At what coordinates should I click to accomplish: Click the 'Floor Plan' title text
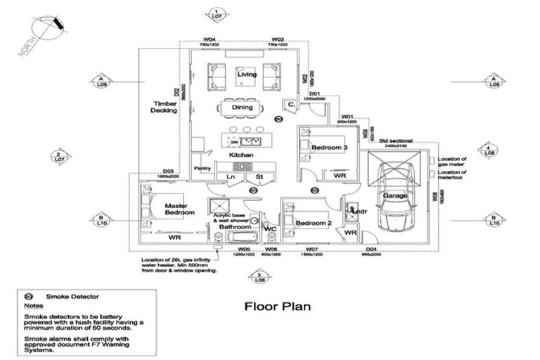click(277, 307)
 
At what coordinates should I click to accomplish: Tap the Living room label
click(246, 75)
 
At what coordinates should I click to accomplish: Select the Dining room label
click(242, 108)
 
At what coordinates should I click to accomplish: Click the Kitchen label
click(240, 155)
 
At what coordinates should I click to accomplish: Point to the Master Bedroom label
click(180, 209)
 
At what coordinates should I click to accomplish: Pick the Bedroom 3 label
click(330, 148)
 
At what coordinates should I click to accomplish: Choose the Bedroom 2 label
click(313, 224)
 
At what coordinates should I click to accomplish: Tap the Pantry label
click(202, 169)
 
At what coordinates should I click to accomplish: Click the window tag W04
click(209, 39)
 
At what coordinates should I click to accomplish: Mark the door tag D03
click(168, 171)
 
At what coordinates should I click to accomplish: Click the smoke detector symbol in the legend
click(29, 297)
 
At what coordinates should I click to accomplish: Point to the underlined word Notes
click(33, 307)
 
